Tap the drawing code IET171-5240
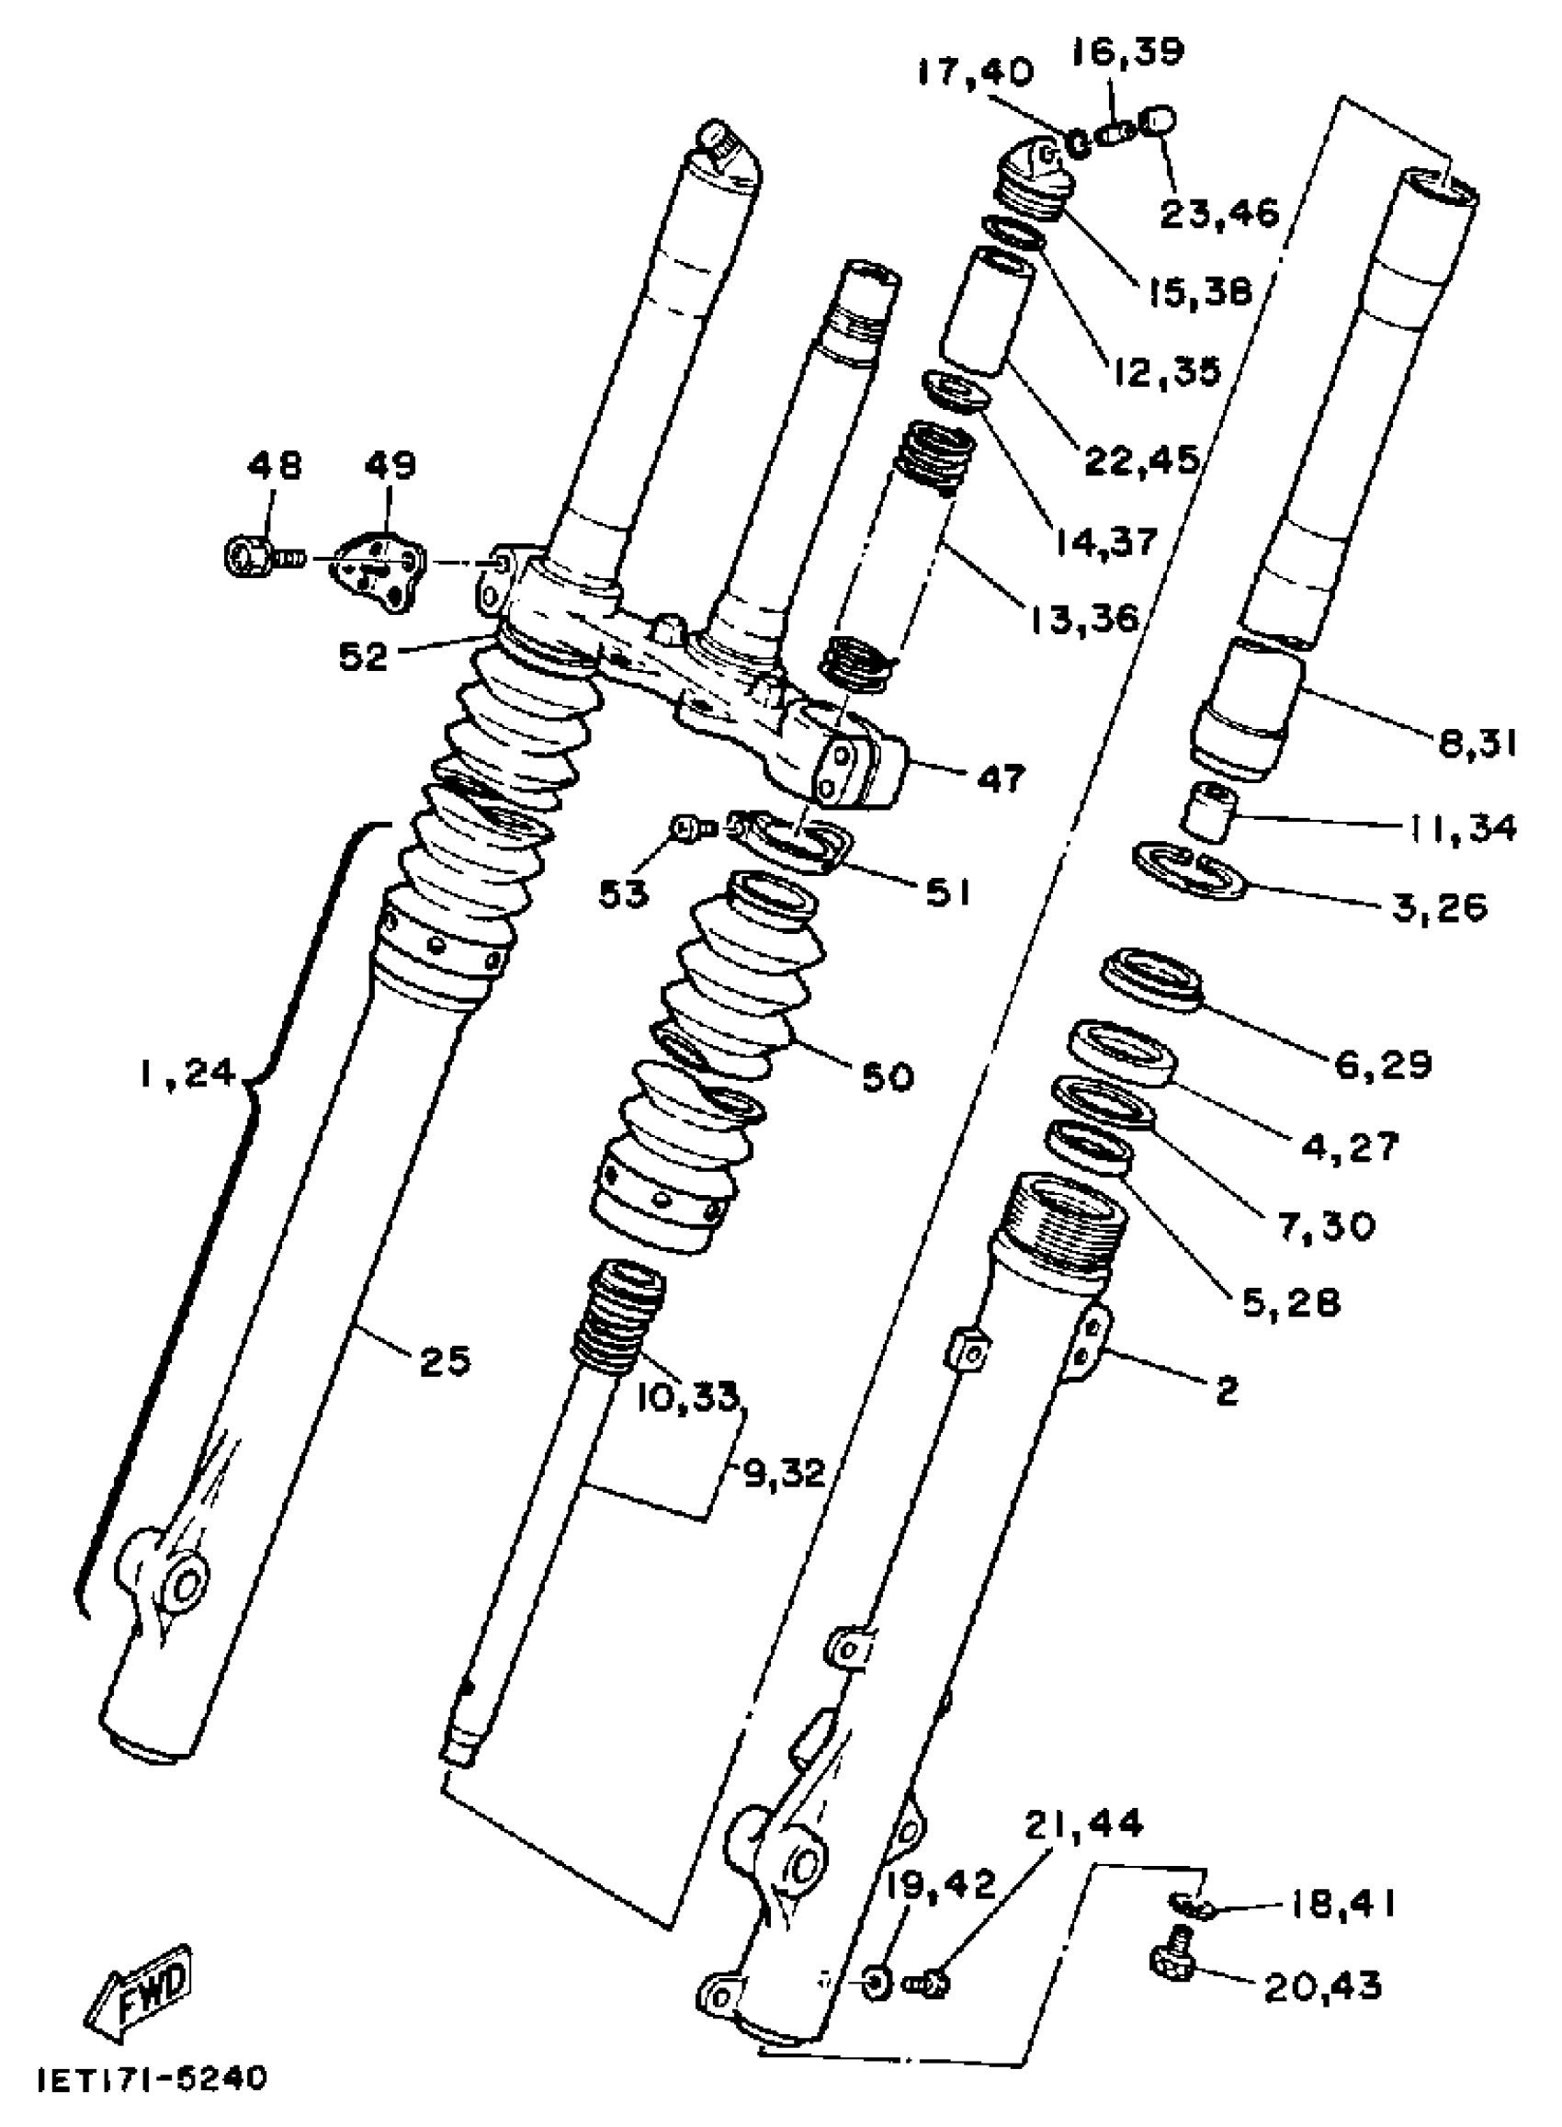tap(153, 2081)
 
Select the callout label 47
tap(999, 779)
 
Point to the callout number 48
tap(274, 465)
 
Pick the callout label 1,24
tap(187, 1075)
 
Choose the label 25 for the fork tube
tap(445, 1362)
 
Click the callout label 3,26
tap(1439, 908)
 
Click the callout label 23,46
tap(1219, 214)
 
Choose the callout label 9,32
tap(783, 1473)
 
